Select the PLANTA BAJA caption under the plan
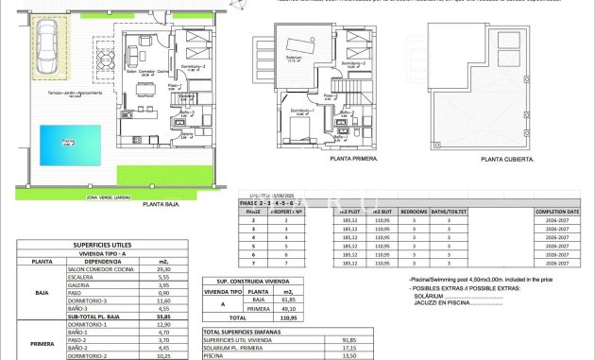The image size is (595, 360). click(161, 204)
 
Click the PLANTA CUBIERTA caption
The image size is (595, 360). click(507, 160)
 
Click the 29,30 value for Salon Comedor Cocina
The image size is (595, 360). click(162, 269)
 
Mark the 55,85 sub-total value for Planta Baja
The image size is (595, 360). click(162, 317)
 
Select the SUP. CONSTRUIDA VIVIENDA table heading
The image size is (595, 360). click(246, 281)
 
